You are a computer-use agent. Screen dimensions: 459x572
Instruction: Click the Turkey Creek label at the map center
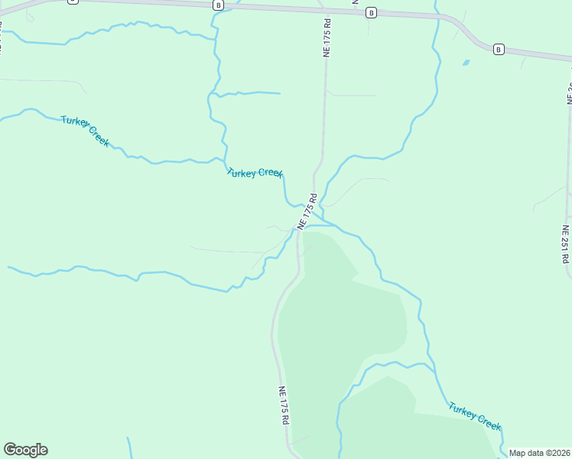click(255, 173)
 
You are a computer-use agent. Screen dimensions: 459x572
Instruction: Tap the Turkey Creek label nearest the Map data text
click(475, 415)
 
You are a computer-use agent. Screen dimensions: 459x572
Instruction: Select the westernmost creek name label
click(86, 131)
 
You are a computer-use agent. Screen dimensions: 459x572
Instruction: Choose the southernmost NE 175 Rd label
click(284, 405)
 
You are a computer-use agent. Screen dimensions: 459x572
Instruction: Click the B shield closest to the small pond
click(499, 49)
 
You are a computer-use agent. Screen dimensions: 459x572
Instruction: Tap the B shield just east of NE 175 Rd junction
click(371, 12)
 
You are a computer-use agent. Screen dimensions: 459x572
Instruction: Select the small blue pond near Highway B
click(466, 63)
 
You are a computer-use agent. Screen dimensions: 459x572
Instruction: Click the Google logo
click(25, 449)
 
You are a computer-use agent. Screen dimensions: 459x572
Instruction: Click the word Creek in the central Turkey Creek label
click(271, 174)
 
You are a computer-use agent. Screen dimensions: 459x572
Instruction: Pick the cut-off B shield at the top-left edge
click(73, 2)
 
